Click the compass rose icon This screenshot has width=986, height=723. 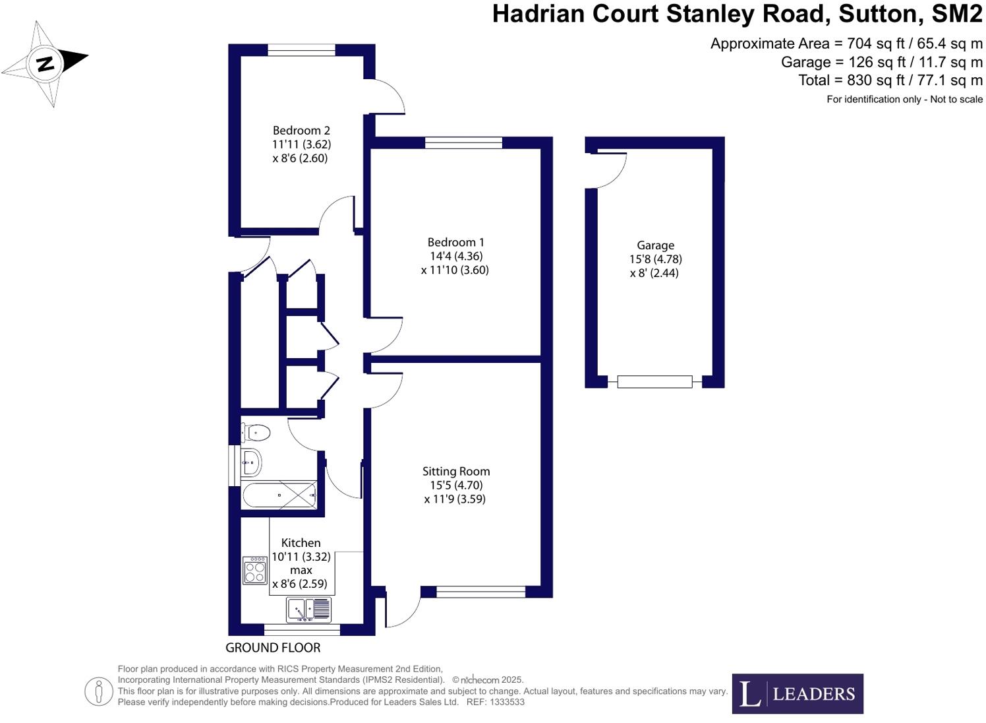pyautogui.click(x=45, y=63)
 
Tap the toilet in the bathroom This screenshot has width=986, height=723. pyautogui.click(x=256, y=433)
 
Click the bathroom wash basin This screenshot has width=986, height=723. pyautogui.click(x=251, y=462)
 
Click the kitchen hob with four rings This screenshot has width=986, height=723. pyautogui.click(x=255, y=571)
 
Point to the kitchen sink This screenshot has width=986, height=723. pyautogui.click(x=308, y=610)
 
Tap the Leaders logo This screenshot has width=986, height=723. pyautogui.click(x=797, y=693)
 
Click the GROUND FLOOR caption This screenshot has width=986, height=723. pyautogui.click(x=273, y=648)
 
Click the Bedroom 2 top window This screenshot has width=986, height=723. pyautogui.click(x=301, y=49)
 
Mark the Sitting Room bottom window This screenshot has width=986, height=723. pyautogui.click(x=480, y=592)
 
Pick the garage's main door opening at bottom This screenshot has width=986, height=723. pyautogui.click(x=654, y=381)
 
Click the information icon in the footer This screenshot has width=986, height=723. pyautogui.click(x=99, y=691)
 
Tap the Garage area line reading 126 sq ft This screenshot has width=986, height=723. pyautogui.click(x=881, y=62)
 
